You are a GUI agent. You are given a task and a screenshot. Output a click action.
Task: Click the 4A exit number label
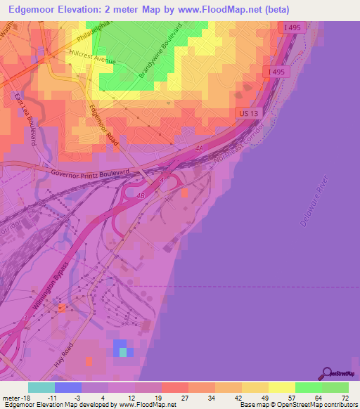(x=199, y=148)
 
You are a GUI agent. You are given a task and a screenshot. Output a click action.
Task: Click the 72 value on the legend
(x=344, y=398)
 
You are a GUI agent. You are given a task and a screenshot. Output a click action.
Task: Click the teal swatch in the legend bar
(x=41, y=387)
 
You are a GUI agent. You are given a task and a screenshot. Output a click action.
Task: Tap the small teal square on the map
(x=124, y=351)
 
